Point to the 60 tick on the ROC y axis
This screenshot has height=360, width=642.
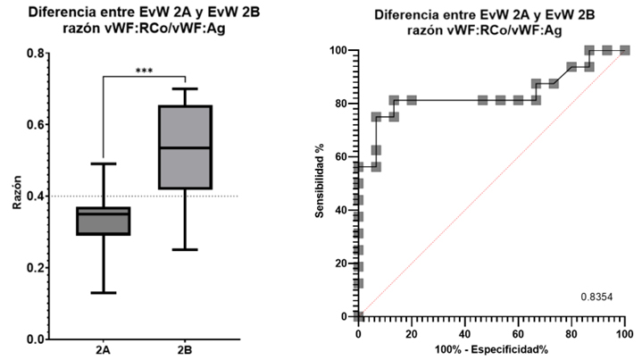coord(341,156)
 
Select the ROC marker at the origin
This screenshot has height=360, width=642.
coord(358,316)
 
